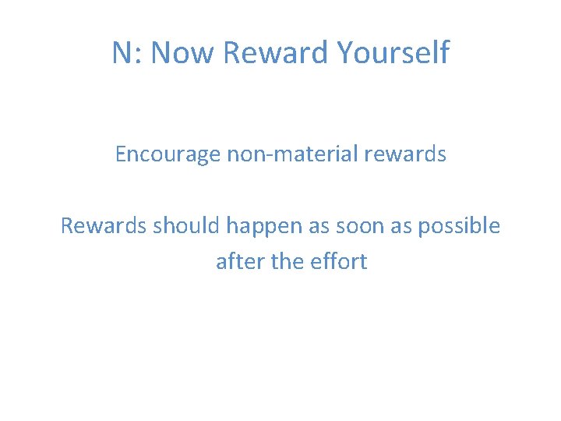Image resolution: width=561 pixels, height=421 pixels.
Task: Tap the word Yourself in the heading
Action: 393,53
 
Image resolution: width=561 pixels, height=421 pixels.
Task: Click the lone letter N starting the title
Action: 122,53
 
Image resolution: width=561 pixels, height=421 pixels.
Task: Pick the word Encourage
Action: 168,154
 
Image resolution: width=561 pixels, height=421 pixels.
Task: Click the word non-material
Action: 291,154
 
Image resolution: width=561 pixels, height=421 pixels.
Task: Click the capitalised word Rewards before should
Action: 104,226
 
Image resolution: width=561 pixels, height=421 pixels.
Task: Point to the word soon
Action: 358,226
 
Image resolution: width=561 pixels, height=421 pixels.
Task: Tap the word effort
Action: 339,261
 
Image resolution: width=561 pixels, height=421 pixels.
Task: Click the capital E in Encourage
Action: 121,154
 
